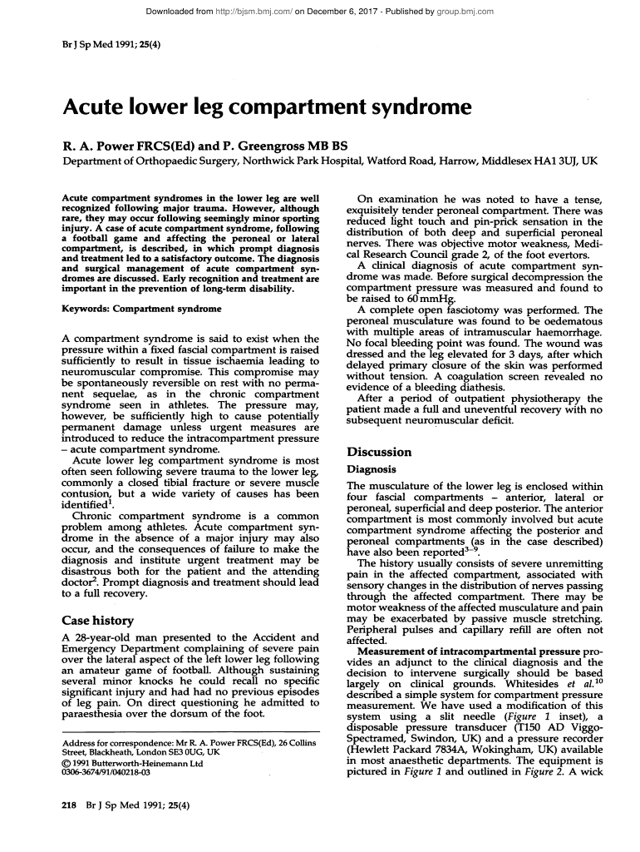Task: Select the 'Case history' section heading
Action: tap(99, 620)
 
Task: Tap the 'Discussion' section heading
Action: tap(379, 452)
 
